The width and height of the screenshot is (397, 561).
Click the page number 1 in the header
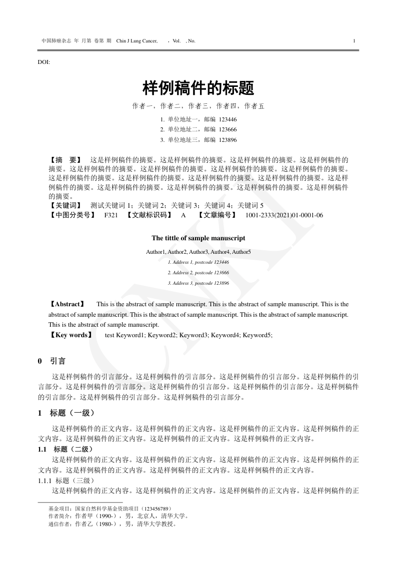point(354,40)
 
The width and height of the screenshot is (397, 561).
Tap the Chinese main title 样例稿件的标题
point(198,88)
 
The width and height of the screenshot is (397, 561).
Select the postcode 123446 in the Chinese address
point(228,120)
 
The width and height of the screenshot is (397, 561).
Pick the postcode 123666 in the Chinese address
point(228,130)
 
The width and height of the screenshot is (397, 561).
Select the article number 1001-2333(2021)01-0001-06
point(284,215)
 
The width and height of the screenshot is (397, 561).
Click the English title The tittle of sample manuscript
point(198,238)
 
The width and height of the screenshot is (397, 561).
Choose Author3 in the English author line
point(198,252)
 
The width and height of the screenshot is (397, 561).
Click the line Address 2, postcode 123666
point(198,273)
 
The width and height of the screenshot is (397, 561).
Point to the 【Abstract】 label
point(67,304)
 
